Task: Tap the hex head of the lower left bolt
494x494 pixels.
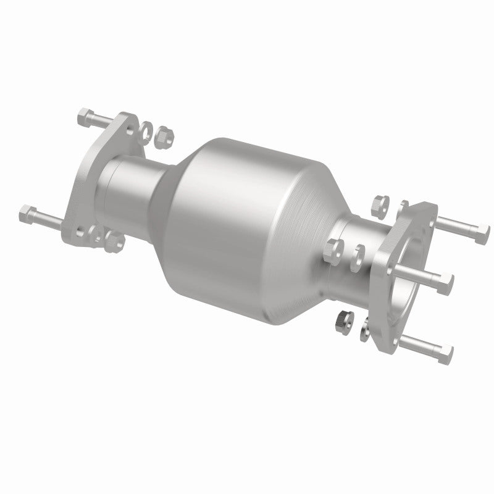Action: click(x=27, y=215)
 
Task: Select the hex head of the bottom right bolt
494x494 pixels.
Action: click(x=446, y=354)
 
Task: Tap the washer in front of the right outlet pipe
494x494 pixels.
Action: click(x=358, y=253)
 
